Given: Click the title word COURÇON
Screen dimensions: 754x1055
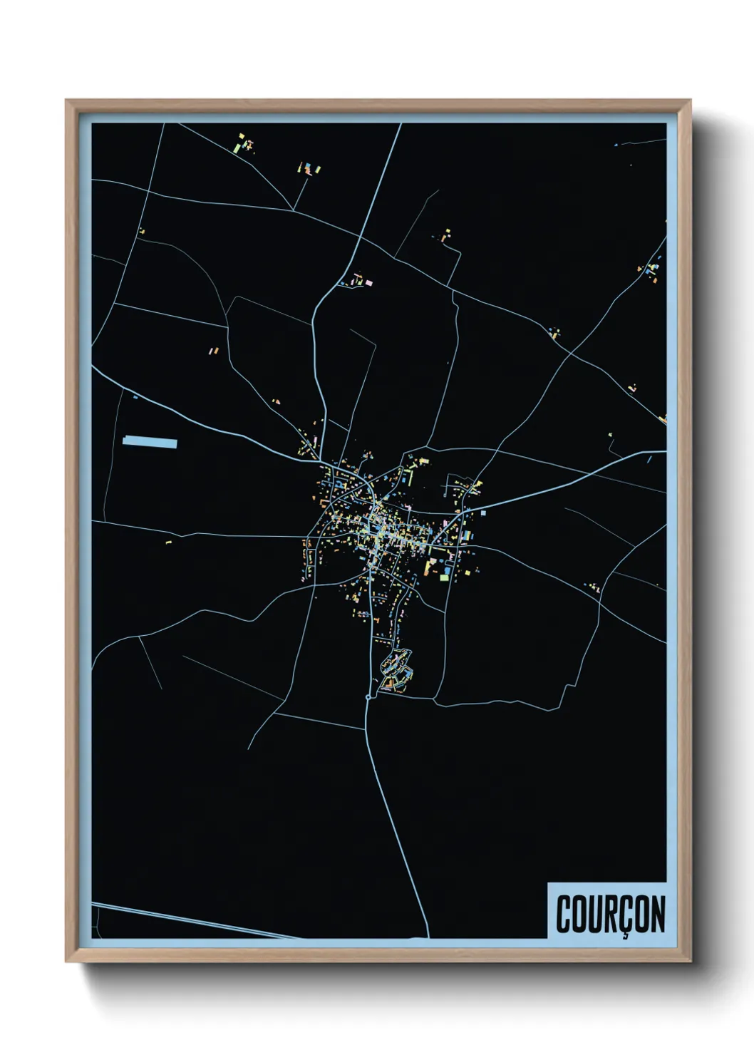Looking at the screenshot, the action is pyautogui.click(x=611, y=915).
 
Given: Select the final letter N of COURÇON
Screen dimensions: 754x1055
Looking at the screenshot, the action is pyautogui.click(x=656, y=915).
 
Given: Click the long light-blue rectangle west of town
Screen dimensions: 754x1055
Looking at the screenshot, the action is pyautogui.click(x=150, y=443).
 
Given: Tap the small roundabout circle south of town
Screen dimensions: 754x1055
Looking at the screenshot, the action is pyautogui.click(x=367, y=696).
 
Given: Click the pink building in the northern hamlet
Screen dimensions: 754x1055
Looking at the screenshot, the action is pyautogui.click(x=368, y=283).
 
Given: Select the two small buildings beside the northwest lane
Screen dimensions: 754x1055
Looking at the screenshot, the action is pyautogui.click(x=212, y=350).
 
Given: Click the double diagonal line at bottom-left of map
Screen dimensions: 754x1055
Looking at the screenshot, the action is pyautogui.click(x=192, y=922).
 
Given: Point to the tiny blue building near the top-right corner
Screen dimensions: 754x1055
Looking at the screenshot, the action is pyautogui.click(x=616, y=145).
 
